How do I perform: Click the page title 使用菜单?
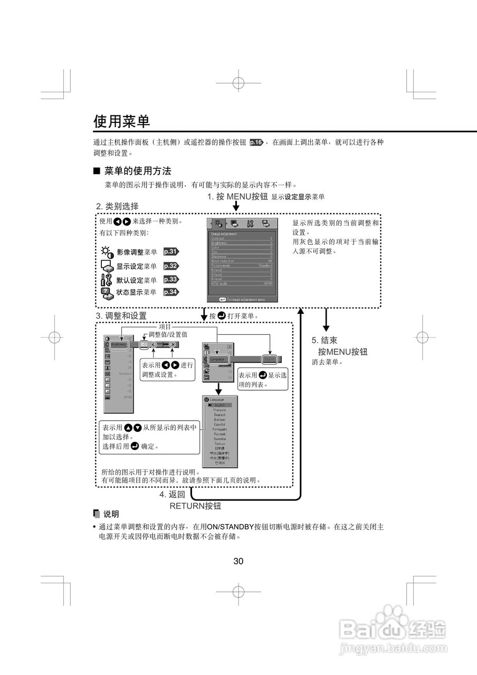122,121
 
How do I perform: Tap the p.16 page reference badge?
256,142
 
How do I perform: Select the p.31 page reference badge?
171,252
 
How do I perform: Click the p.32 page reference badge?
171,266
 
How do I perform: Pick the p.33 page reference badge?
171,279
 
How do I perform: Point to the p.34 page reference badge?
171,292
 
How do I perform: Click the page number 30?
238,561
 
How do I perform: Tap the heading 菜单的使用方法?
137,171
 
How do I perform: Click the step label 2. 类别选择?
117,206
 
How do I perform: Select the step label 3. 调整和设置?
121,316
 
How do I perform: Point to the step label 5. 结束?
324,341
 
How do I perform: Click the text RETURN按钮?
195,506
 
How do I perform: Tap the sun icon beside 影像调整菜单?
108,252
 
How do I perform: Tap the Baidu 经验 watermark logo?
393,628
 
